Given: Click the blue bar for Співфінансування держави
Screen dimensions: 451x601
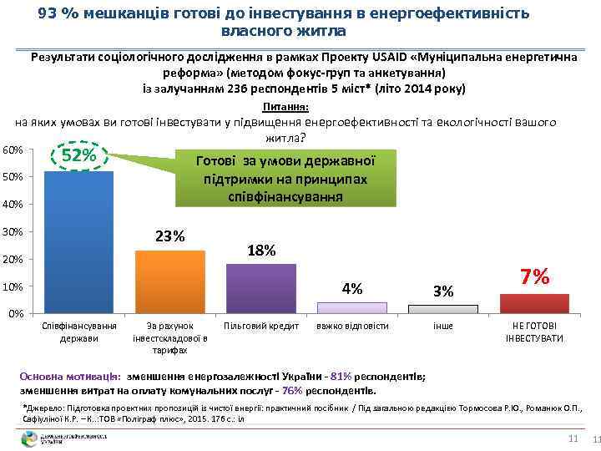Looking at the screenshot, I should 78,242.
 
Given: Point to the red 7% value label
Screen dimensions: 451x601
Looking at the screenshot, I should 534,276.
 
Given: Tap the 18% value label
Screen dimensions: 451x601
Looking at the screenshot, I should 261,251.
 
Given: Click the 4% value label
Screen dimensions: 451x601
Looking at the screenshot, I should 352,289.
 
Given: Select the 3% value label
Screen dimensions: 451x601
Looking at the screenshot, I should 442,291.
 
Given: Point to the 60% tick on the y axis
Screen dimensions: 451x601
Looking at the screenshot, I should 13,149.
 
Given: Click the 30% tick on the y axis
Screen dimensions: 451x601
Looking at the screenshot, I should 13,231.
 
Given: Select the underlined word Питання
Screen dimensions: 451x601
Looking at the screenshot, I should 285,107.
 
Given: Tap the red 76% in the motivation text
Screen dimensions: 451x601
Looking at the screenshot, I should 292,390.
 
